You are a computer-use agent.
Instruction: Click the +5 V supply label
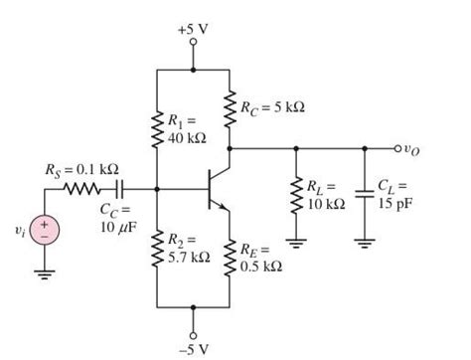(x=193, y=29)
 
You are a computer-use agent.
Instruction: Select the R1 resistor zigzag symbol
(x=157, y=126)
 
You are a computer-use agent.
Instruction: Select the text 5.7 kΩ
(x=189, y=258)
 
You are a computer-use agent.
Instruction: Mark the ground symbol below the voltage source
(x=46, y=278)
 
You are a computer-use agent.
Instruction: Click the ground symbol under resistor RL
(x=295, y=242)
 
